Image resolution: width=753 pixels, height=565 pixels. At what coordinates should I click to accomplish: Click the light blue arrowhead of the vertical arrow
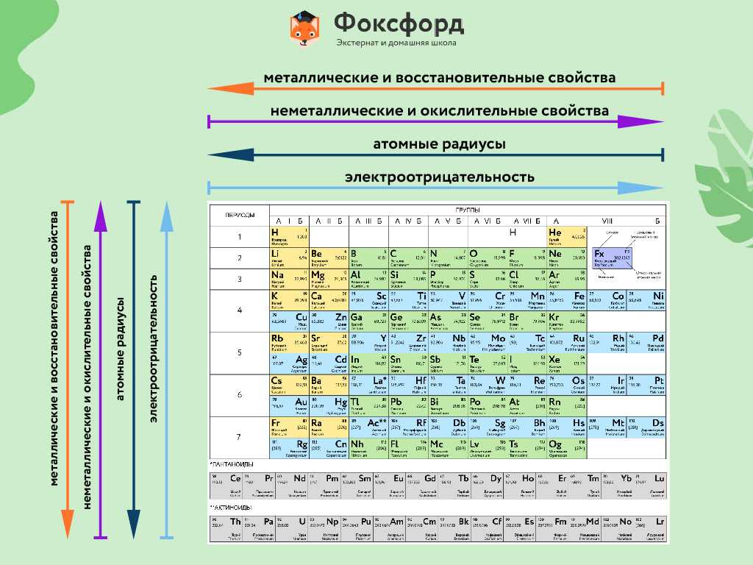[x=167, y=214]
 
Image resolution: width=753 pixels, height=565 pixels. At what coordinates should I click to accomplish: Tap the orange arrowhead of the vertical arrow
[x=68, y=525]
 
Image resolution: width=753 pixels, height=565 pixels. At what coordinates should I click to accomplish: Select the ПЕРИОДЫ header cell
[x=239, y=215]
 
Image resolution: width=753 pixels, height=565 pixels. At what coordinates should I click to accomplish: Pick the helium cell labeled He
[x=567, y=236]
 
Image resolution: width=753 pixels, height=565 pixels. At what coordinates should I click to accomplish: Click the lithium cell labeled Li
[x=289, y=257]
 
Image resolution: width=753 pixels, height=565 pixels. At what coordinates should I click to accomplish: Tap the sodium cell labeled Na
[x=289, y=279]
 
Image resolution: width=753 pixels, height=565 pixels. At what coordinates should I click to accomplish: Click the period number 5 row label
[x=239, y=352]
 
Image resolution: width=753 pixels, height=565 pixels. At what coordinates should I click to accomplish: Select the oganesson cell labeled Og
[x=567, y=448]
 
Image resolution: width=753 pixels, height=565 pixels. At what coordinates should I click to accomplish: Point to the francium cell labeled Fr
[x=289, y=427]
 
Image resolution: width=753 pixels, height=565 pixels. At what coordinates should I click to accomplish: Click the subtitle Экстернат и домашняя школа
[x=396, y=43]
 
